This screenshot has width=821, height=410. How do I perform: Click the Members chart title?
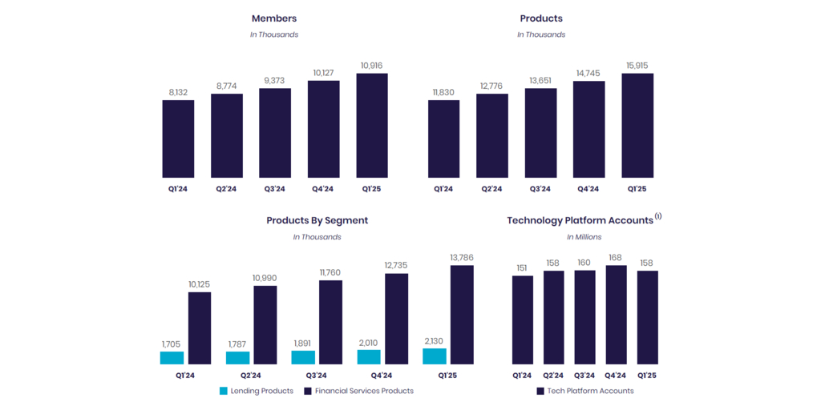(x=273, y=18)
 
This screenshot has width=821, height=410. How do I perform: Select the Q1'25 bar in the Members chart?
(x=372, y=126)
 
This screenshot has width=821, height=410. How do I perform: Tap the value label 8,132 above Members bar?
(x=178, y=93)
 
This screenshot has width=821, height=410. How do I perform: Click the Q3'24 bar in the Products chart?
(x=540, y=133)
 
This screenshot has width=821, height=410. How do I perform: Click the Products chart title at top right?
(x=541, y=18)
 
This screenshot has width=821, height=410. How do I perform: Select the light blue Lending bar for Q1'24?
(x=172, y=358)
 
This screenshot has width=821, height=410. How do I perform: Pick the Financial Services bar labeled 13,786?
(x=462, y=315)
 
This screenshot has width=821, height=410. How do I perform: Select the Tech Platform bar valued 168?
(x=616, y=315)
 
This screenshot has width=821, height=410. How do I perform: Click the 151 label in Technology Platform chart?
(x=523, y=268)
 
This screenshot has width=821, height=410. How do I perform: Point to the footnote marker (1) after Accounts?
(x=658, y=216)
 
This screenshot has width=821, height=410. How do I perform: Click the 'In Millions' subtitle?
(x=584, y=237)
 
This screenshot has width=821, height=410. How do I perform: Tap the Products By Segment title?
(x=317, y=220)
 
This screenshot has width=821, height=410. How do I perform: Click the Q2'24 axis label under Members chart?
(x=227, y=189)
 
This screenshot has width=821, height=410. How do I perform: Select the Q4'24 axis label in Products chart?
(x=588, y=189)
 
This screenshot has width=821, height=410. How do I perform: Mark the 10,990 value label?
(x=265, y=278)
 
